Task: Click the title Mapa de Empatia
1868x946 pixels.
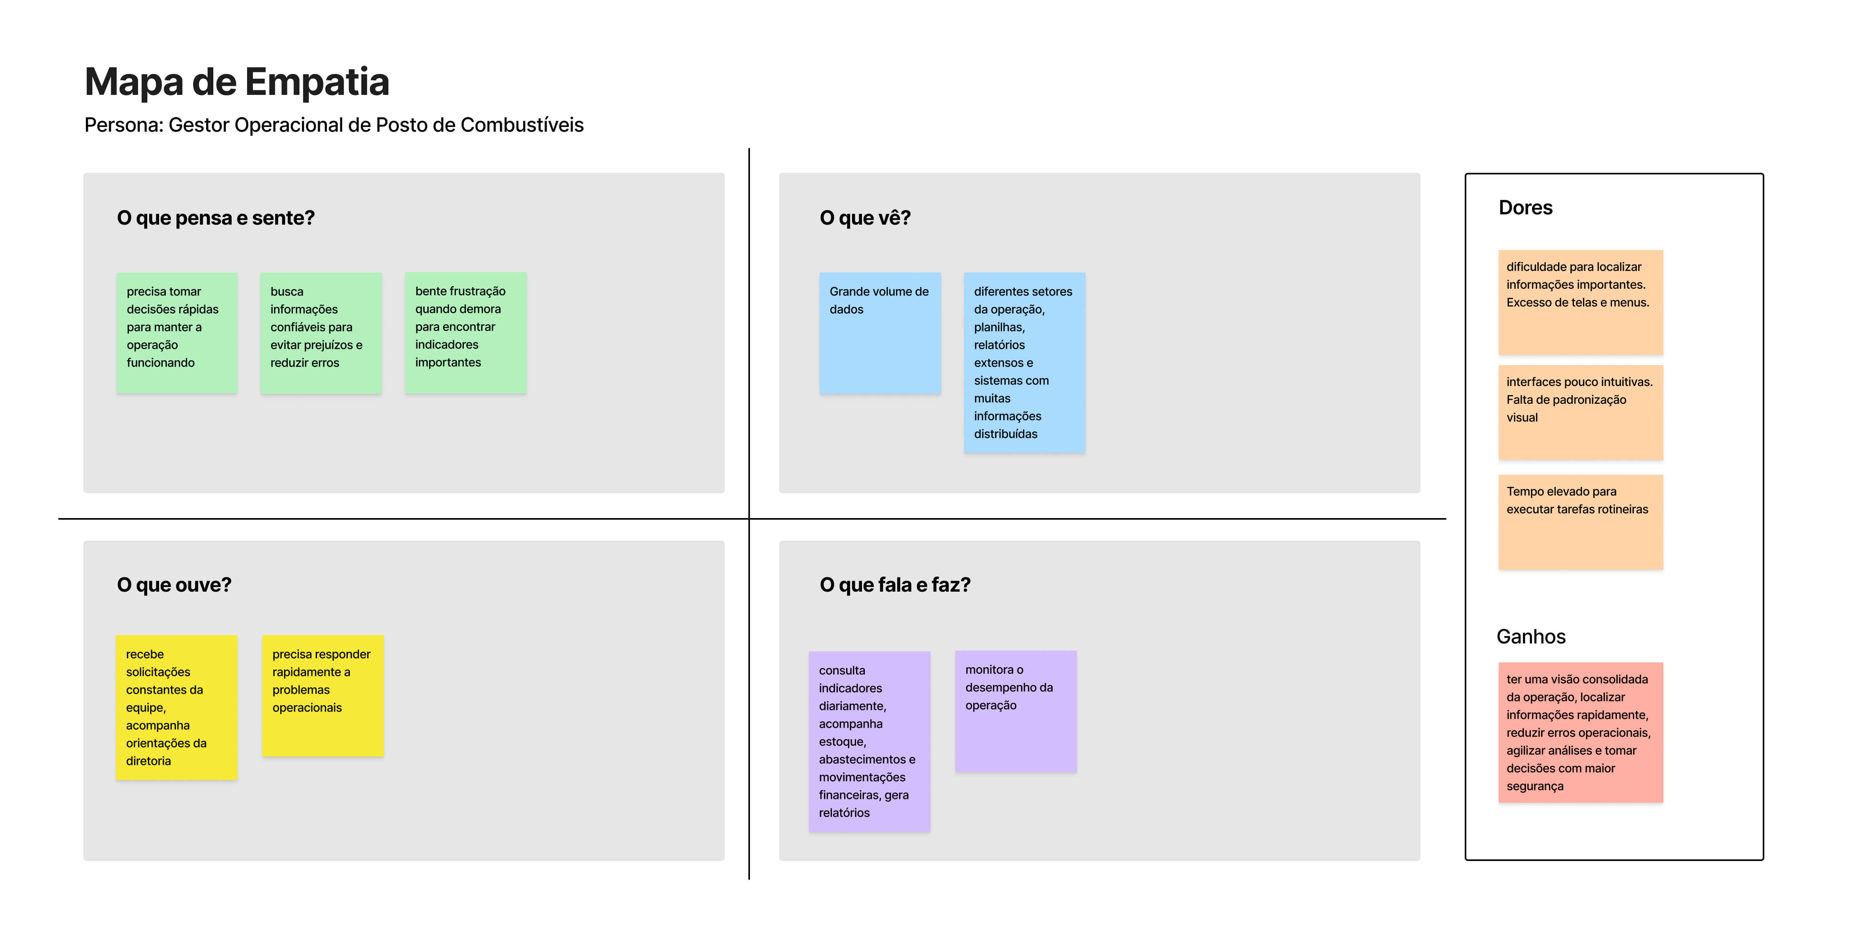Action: pos(237,82)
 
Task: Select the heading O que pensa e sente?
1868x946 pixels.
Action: pos(215,218)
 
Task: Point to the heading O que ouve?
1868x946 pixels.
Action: pos(174,585)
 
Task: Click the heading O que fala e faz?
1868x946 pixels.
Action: pos(895,585)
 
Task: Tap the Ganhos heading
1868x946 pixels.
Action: pos(1531,636)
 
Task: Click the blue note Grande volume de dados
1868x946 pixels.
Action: pos(880,333)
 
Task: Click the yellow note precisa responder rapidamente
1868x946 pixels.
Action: pos(323,696)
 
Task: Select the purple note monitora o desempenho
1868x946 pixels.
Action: pos(1016,711)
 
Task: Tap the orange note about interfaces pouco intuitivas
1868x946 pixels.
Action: pos(1581,412)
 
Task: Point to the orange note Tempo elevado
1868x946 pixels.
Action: pos(1581,522)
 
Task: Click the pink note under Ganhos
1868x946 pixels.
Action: pos(1581,732)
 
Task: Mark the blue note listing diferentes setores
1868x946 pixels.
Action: pos(1025,363)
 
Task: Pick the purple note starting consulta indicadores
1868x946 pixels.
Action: pos(869,742)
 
